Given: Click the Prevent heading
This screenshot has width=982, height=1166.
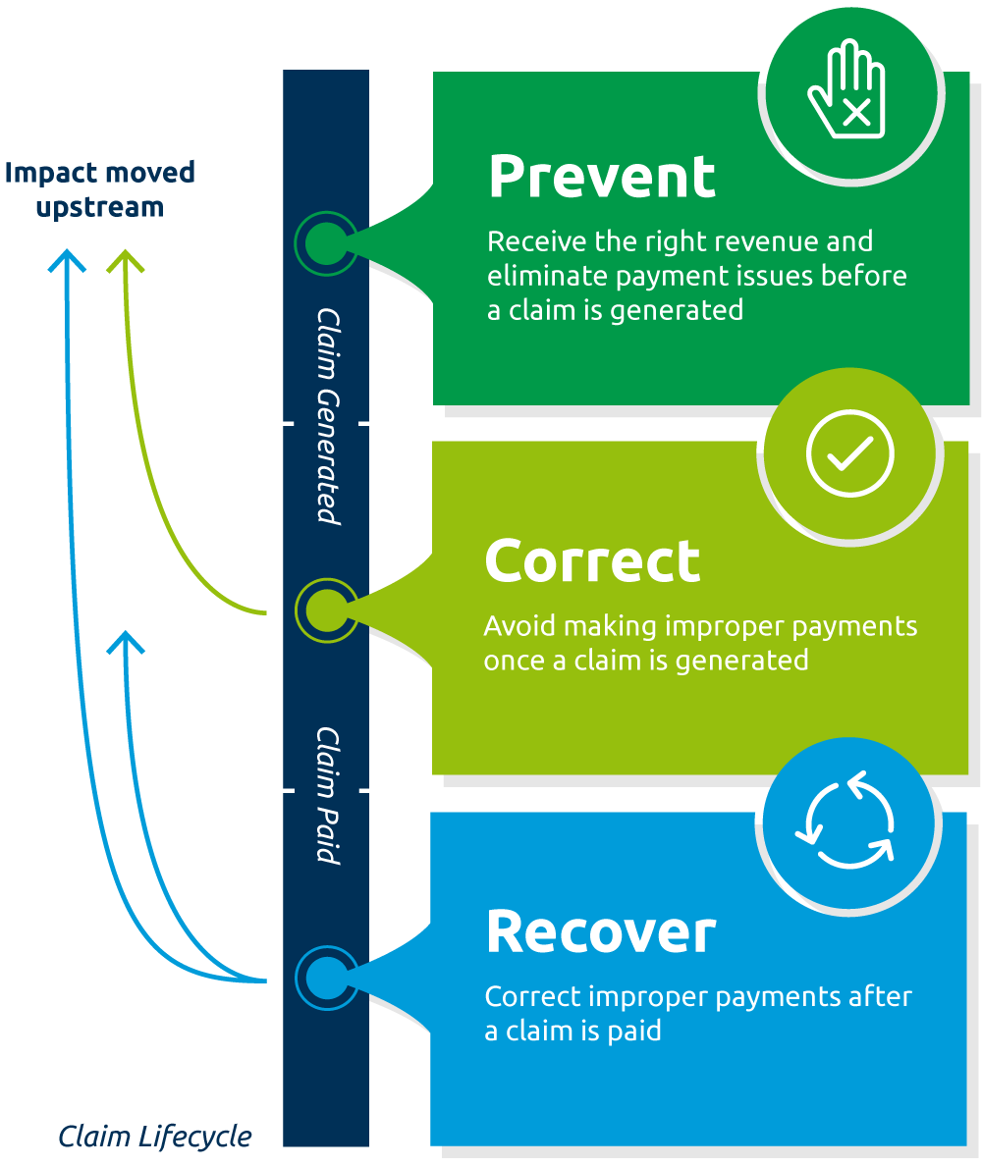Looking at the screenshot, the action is [x=602, y=177].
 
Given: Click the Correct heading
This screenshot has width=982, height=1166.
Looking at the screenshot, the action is [x=592, y=561].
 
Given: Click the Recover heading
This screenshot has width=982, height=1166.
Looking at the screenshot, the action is [x=601, y=931].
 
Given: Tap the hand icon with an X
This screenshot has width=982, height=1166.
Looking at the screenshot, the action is [x=846, y=89].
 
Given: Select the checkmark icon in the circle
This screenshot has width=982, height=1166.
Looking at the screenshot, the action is [x=849, y=452].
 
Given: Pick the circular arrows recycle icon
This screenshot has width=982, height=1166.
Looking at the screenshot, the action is [x=846, y=821].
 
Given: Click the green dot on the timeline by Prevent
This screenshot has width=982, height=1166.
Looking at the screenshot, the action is [x=326, y=243].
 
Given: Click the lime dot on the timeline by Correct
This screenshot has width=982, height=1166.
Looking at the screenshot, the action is [x=327, y=610].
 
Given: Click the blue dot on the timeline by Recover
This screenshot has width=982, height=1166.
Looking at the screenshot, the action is [x=327, y=978].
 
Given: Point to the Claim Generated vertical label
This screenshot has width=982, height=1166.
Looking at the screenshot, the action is [x=328, y=416].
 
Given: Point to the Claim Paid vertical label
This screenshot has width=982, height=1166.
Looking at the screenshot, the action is [x=327, y=796].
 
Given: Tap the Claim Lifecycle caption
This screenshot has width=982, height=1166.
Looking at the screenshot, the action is [x=155, y=1137].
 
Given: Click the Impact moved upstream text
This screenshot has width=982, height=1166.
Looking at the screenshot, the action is [x=100, y=189].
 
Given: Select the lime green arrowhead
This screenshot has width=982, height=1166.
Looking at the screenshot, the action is [x=125, y=260].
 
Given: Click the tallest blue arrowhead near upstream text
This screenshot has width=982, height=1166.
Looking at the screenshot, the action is [x=67, y=260].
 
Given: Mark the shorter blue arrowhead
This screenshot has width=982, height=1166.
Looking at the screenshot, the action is [x=126, y=642].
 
